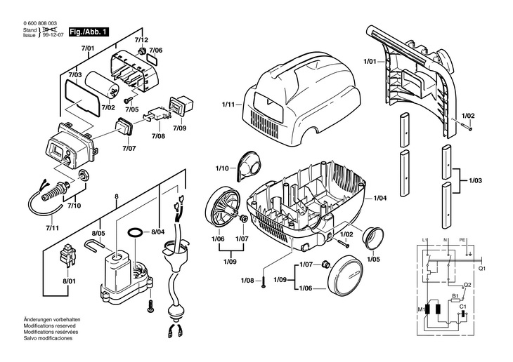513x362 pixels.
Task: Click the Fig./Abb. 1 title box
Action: (x=89, y=32)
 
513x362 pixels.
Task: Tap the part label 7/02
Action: (x=108, y=107)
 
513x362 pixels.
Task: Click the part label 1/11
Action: (x=228, y=105)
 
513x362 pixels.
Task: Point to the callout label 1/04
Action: (x=380, y=198)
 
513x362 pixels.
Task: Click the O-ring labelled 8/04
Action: (x=134, y=233)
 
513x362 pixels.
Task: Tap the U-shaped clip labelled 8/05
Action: (x=94, y=245)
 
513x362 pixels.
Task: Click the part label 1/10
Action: (x=222, y=168)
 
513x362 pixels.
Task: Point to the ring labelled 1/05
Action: (x=373, y=239)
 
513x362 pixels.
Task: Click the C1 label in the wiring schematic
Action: (x=462, y=307)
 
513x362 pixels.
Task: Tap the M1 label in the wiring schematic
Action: (x=421, y=309)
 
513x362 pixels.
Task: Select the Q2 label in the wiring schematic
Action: (x=467, y=285)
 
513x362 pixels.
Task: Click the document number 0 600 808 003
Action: (x=40, y=23)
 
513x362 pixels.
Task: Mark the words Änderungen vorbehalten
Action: (x=52, y=319)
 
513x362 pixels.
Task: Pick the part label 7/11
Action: (x=52, y=228)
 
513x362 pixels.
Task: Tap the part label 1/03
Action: (x=475, y=181)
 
